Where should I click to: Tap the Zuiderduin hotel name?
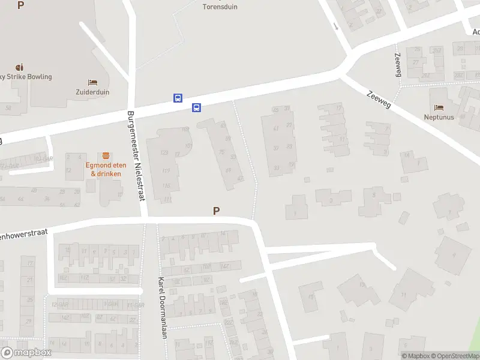[92, 92]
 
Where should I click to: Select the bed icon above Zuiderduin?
[92, 82]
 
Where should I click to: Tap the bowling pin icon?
[20, 66]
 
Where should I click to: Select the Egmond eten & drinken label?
[106, 169]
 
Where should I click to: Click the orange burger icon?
[106, 155]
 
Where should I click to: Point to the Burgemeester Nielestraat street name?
[136, 164]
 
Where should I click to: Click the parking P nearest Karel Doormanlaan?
[216, 211]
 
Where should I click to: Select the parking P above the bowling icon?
[21, 5]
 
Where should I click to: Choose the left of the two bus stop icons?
[178, 98]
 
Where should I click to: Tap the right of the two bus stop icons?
[196, 107]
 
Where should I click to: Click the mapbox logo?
[26, 352]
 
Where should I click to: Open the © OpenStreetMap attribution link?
[459, 356]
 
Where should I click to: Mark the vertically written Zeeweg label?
[397, 64]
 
